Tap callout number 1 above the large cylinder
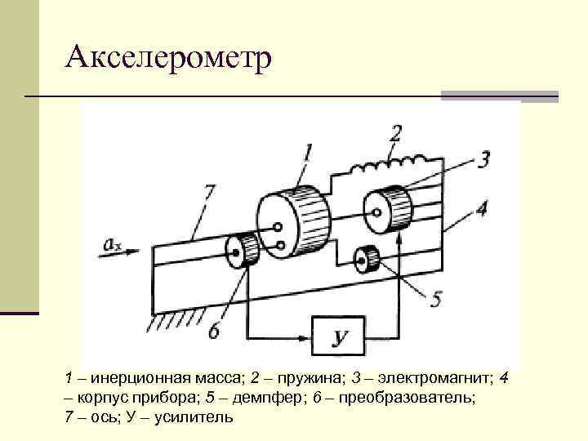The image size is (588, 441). (x=308, y=152)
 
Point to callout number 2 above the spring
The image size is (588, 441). (x=395, y=132)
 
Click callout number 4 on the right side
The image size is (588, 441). (x=482, y=209)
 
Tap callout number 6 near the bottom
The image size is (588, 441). (x=215, y=331)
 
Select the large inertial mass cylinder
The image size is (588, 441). (x=292, y=220)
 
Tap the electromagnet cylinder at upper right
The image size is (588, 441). (x=387, y=208)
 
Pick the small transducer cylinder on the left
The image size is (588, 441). (x=243, y=248)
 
